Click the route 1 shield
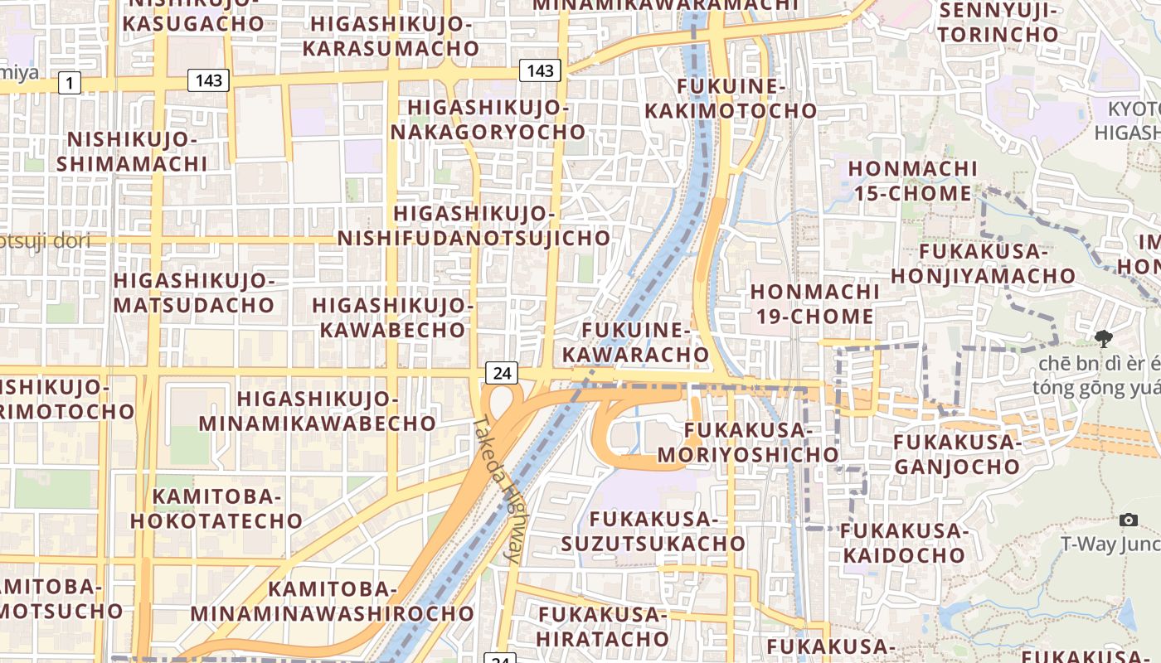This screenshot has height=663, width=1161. (70, 83)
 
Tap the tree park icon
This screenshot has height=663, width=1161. (1103, 338)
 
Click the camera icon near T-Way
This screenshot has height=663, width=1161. (1128, 520)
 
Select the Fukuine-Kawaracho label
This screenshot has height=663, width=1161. (637, 342)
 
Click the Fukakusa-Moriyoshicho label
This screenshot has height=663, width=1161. (748, 443)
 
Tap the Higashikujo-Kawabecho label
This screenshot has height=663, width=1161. (393, 317)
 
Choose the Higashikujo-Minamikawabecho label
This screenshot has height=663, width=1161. (318, 411)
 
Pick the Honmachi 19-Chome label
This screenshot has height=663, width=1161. (814, 304)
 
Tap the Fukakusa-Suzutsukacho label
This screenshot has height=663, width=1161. (653, 531)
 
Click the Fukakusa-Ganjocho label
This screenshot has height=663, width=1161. (956, 454)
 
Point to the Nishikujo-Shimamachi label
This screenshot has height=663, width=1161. (132, 151)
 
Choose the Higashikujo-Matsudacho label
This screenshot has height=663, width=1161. (194, 293)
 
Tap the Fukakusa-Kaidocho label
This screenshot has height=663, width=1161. (905, 543)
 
